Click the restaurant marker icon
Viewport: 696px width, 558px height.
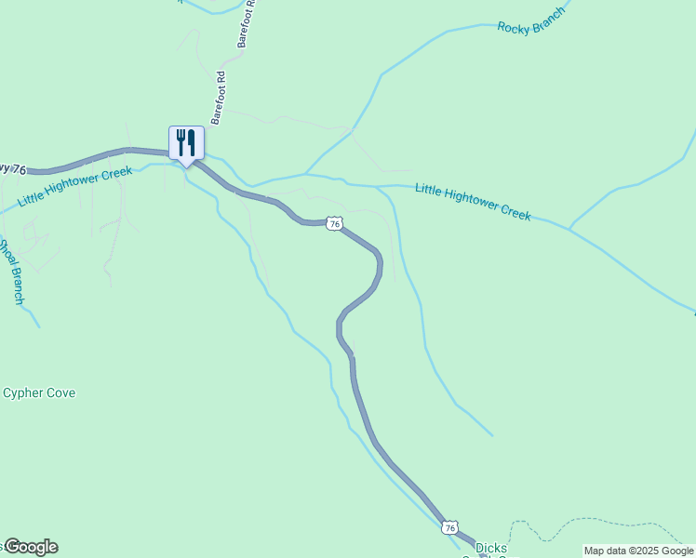pyautogui.click(x=186, y=143)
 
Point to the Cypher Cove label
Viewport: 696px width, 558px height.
pyautogui.click(x=39, y=392)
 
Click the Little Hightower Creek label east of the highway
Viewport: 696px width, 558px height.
pyautogui.click(x=473, y=201)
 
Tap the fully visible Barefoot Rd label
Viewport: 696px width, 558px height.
pyautogui.click(x=220, y=97)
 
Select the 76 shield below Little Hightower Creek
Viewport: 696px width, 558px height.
pyautogui.click(x=335, y=223)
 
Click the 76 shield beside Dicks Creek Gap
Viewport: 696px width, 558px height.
pyautogui.click(x=450, y=527)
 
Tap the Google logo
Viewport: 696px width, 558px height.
pyautogui.click(x=31, y=547)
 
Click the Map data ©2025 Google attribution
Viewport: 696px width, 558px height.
pyautogui.click(x=638, y=551)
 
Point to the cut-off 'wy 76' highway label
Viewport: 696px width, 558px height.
pyautogui.click(x=13, y=167)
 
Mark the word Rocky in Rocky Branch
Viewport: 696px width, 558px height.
pyautogui.click(x=513, y=27)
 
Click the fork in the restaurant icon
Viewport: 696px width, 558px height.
pyautogui.click(x=180, y=141)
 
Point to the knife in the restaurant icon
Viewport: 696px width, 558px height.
pyautogui.click(x=192, y=141)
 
